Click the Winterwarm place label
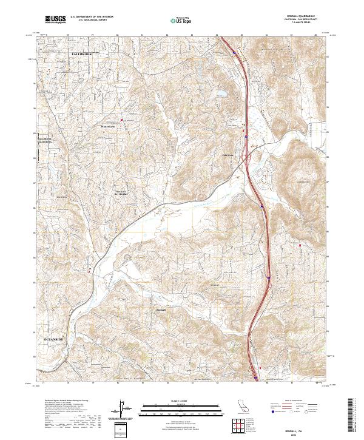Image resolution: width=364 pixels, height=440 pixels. (x=108, y=126)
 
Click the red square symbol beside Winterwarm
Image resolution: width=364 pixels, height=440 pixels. (x=121, y=120)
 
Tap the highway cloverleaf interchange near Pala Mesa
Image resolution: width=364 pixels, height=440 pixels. (x=247, y=158)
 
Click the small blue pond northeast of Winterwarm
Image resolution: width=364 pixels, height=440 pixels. (x=219, y=93)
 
